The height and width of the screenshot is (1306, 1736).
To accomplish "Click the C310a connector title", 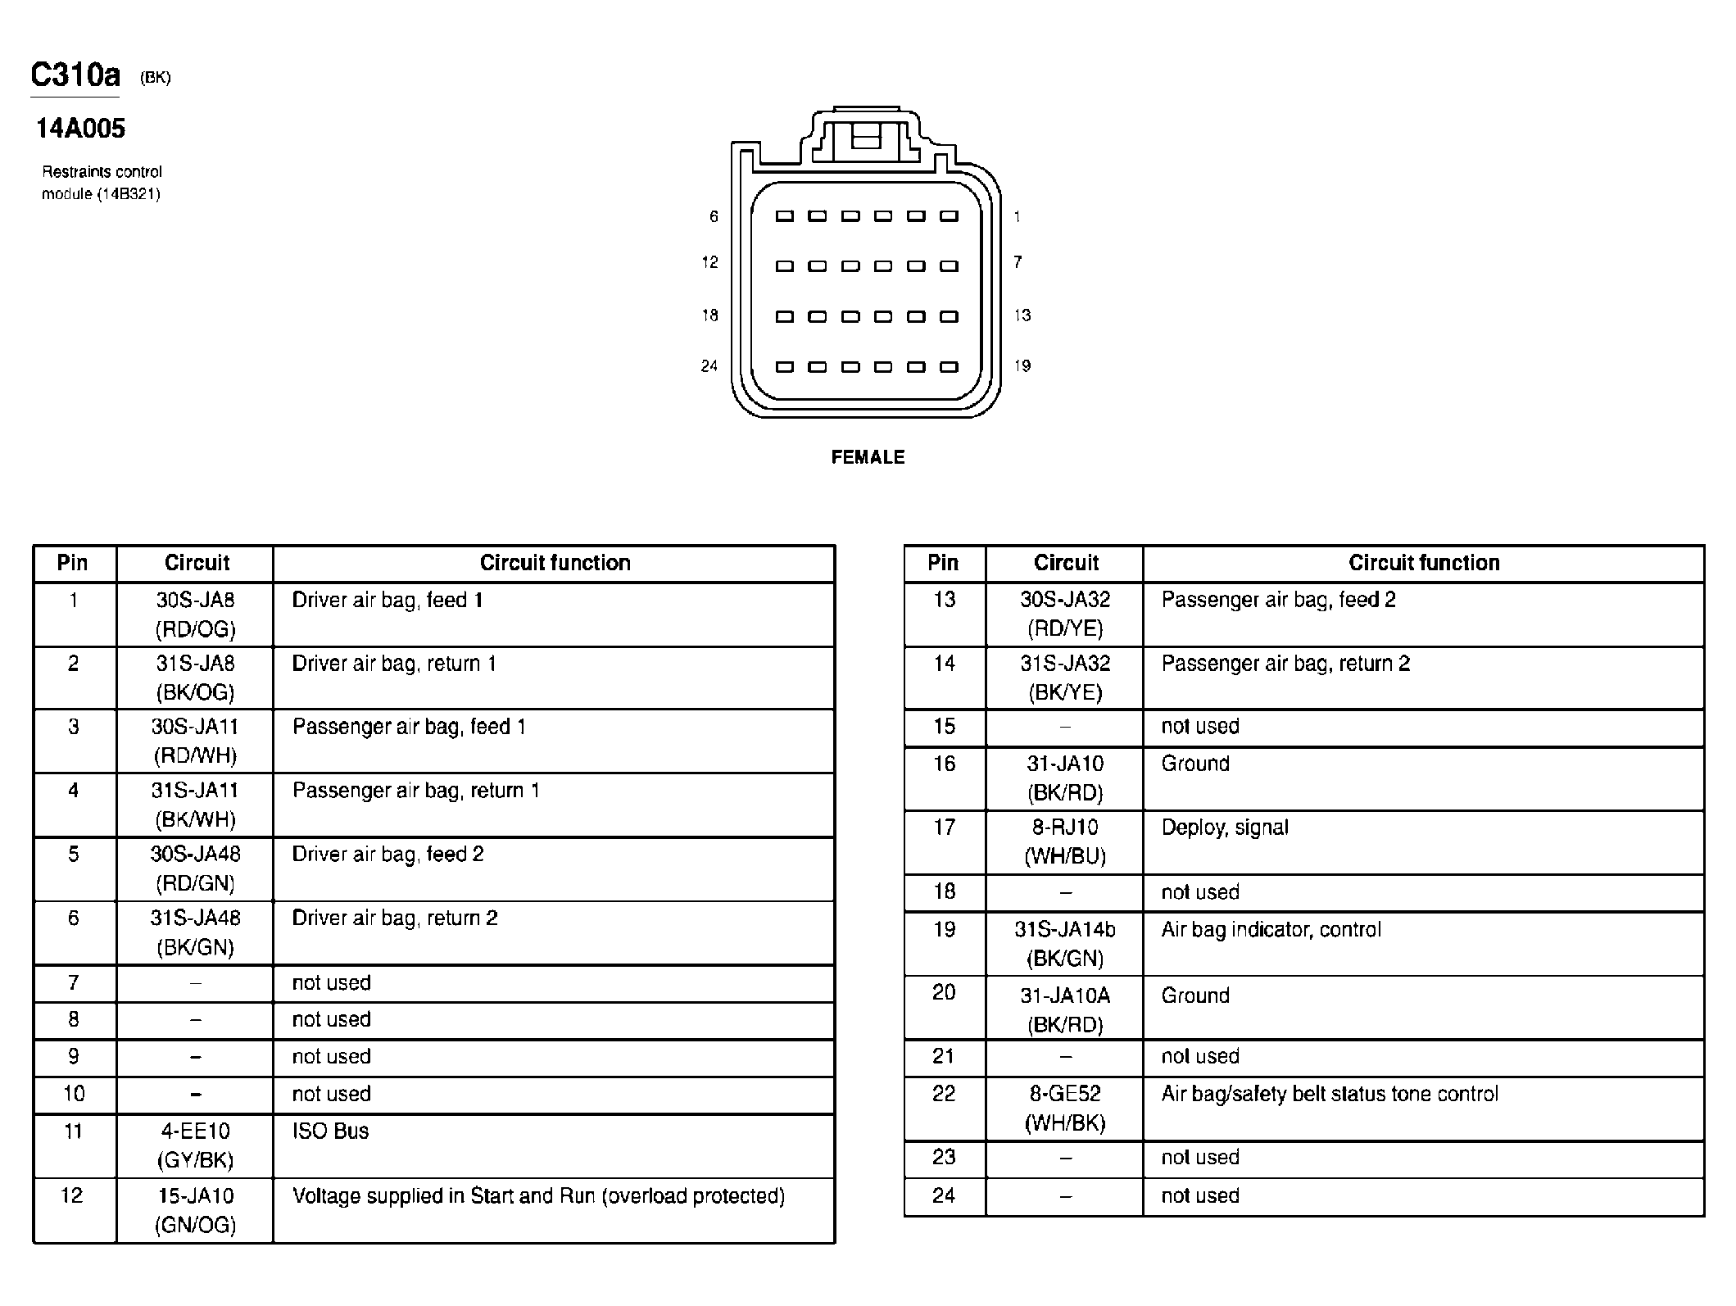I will [x=75, y=75].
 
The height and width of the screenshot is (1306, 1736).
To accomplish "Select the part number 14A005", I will [x=80, y=129].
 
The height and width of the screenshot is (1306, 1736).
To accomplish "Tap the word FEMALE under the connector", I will [x=868, y=457].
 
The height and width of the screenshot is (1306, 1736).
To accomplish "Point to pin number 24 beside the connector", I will [x=709, y=366].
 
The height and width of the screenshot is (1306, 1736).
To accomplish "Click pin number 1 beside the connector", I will [x=1018, y=217].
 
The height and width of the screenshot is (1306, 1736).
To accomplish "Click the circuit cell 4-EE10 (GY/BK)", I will [x=195, y=1145].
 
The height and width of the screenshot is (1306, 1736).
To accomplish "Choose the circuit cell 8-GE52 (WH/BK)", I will [x=1065, y=1108].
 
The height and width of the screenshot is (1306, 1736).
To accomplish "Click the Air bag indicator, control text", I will [x=1271, y=930].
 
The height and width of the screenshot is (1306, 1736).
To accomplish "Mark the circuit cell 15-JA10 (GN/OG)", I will [x=195, y=1210].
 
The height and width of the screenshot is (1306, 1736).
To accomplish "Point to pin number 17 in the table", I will [x=944, y=828].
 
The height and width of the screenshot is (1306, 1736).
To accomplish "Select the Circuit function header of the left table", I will [x=555, y=563].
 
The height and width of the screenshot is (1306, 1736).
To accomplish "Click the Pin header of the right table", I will [x=943, y=563].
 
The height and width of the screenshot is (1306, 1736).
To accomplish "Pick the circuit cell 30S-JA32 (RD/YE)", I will [x=1065, y=614].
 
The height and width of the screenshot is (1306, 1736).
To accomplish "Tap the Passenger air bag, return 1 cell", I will [x=416, y=791].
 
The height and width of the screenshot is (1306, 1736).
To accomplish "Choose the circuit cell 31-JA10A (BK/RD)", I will [x=1065, y=1009].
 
